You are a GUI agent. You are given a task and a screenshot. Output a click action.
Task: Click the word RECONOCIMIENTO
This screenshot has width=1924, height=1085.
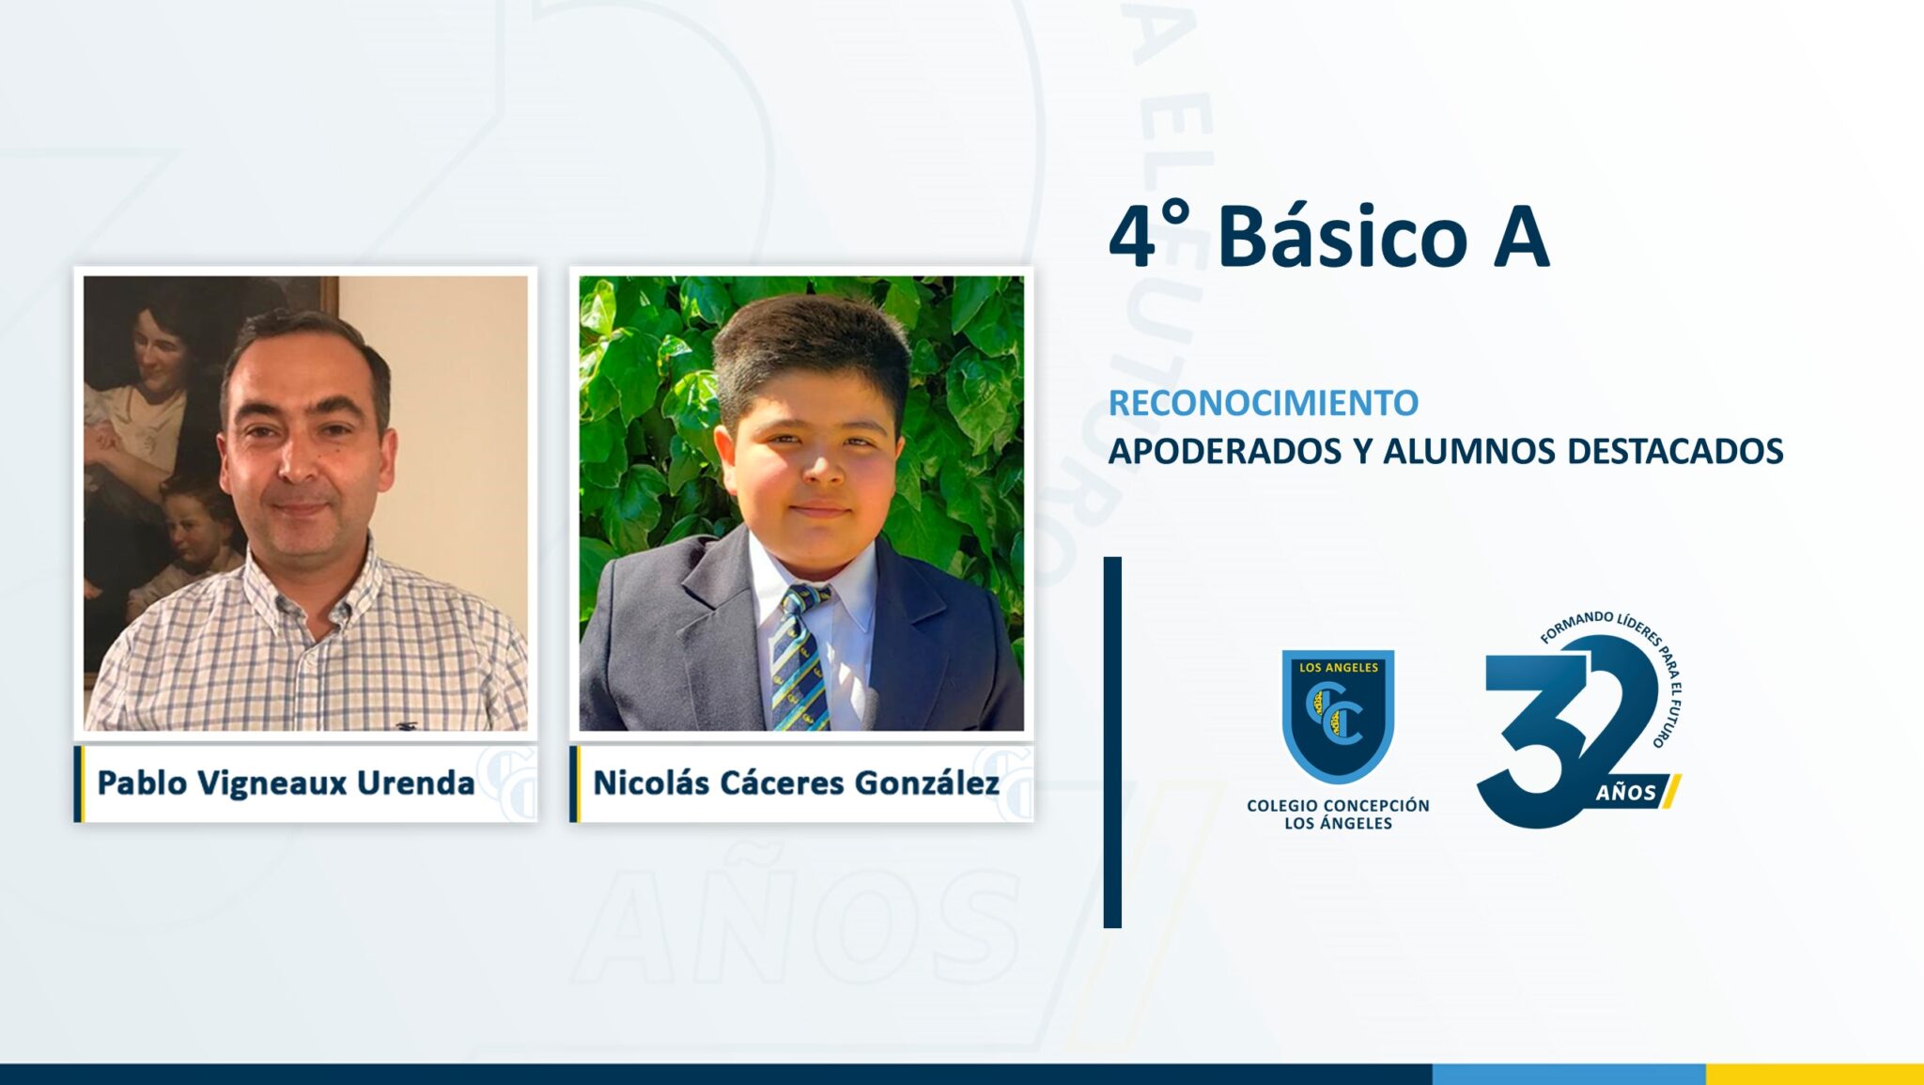[1263, 403]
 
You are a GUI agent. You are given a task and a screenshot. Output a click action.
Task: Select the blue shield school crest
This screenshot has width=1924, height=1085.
[1338, 716]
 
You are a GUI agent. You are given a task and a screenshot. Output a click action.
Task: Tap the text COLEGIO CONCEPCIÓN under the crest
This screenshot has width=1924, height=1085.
[1338, 805]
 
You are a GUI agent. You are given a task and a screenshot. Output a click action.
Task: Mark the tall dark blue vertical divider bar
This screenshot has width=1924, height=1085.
[1112, 742]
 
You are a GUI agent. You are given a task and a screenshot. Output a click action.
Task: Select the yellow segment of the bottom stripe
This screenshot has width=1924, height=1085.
[1815, 1075]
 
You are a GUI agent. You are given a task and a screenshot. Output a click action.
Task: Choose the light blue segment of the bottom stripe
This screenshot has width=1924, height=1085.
[1569, 1075]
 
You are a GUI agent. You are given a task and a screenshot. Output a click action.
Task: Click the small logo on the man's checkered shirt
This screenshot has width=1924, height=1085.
[407, 725]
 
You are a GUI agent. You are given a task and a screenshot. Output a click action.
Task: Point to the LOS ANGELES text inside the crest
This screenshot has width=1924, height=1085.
[1338, 668]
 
